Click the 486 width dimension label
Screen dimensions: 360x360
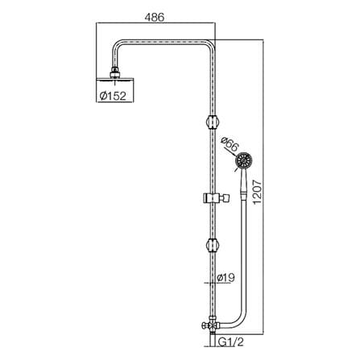(x=154, y=18)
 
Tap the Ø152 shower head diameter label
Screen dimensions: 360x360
(x=113, y=96)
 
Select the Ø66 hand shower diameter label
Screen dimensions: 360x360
(x=229, y=144)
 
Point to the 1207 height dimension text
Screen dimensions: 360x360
(x=257, y=192)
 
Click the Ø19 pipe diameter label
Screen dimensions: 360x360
(x=226, y=278)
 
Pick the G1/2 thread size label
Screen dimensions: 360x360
(x=230, y=342)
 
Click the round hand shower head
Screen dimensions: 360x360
(x=244, y=161)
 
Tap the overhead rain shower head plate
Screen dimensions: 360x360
(x=115, y=79)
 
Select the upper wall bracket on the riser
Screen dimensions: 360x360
(x=213, y=122)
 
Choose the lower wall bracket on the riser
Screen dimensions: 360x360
(x=213, y=246)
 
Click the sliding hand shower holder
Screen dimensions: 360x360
(x=217, y=198)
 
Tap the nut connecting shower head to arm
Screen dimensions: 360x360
(x=115, y=72)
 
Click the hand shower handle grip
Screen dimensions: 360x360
(x=243, y=183)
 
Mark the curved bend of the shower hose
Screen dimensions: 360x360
(x=236, y=320)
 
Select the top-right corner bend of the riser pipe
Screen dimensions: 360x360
(x=211, y=44)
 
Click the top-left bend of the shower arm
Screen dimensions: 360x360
(x=117, y=44)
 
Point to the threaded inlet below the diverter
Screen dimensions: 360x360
(x=213, y=339)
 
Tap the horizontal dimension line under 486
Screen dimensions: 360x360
(x=155, y=23)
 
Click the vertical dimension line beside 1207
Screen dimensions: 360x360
(x=263, y=187)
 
